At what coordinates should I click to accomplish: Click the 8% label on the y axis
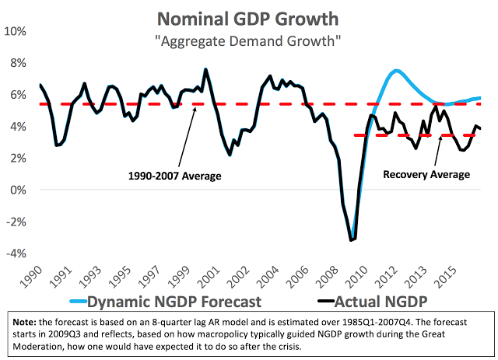click(x=18, y=63)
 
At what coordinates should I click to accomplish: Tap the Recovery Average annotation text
click(x=426, y=175)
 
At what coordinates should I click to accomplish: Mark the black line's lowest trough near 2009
click(x=352, y=239)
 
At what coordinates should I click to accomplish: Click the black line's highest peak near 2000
click(x=205, y=69)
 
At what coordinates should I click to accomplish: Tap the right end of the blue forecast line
click(x=480, y=97)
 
